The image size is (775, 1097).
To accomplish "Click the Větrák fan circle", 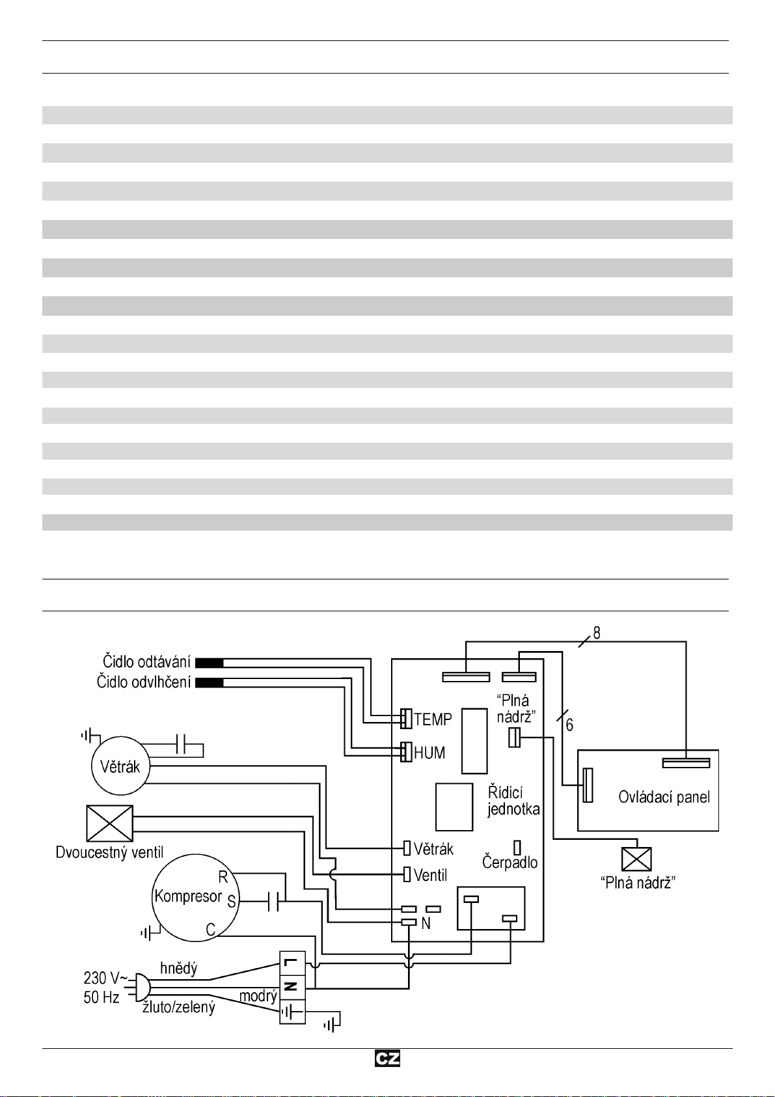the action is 120,766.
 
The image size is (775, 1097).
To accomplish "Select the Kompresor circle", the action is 195,898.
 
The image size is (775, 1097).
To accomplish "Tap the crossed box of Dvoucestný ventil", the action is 110,824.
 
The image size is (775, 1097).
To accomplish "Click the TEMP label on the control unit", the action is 433,720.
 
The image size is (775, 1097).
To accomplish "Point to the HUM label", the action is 429,753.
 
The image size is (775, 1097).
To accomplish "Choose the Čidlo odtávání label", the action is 146,662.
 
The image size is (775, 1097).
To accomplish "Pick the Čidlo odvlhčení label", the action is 144,682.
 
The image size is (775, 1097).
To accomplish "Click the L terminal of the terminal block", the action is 292,962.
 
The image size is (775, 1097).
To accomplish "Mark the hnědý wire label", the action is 178,968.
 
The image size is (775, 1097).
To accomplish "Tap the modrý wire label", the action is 258,996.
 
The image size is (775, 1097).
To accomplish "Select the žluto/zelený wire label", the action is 178,1008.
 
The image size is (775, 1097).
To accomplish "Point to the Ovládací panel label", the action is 664,798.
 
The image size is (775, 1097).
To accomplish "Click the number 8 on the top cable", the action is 597,633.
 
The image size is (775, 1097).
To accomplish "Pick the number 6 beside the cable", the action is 569,725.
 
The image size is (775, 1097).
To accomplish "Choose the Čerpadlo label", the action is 510,863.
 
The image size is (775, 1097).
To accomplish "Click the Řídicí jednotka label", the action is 513,801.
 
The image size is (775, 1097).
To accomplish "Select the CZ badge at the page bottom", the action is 387,1059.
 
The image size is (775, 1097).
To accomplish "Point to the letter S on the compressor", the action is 231,902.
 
